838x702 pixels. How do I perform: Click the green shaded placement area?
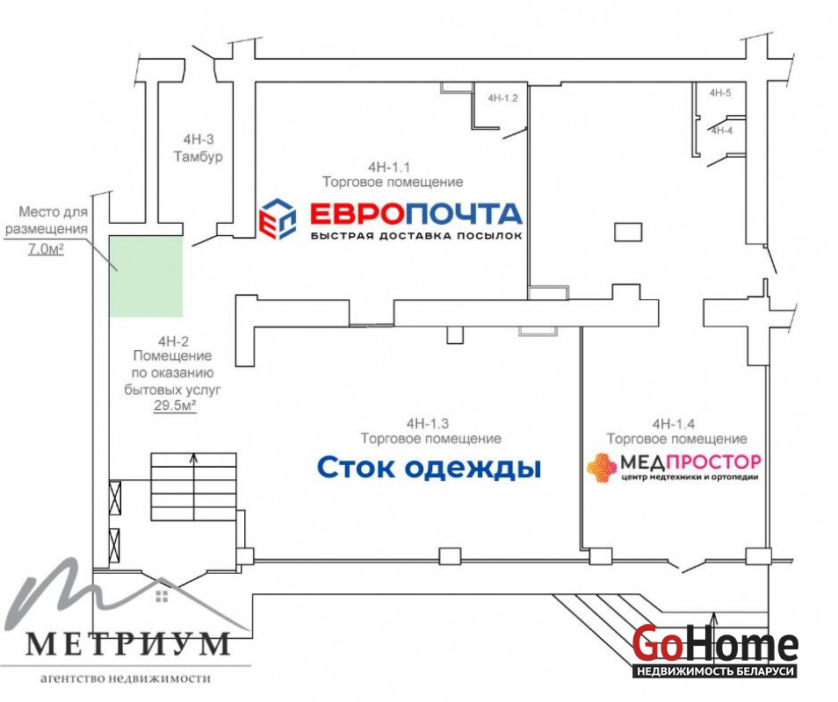(x=147, y=276)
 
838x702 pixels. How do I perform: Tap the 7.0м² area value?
(x=46, y=248)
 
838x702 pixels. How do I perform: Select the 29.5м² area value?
(x=175, y=405)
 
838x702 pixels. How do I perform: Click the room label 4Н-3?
(x=199, y=140)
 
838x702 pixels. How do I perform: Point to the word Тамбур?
(x=199, y=157)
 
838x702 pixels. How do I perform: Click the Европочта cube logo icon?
(x=278, y=218)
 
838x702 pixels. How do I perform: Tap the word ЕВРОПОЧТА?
(x=415, y=214)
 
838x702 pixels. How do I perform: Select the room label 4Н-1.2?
(x=502, y=98)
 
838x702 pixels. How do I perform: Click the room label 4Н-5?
(x=720, y=93)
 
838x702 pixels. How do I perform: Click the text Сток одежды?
(x=429, y=467)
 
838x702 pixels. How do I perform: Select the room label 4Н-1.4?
(x=674, y=424)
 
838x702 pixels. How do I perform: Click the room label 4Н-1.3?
(x=428, y=423)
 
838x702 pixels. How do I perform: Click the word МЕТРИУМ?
(x=127, y=644)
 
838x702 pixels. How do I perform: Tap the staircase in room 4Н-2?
(x=193, y=487)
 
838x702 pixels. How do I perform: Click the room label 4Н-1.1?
(x=388, y=167)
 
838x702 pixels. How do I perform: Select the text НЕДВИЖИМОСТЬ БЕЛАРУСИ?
(x=715, y=671)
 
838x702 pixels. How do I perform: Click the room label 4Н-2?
(x=173, y=341)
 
